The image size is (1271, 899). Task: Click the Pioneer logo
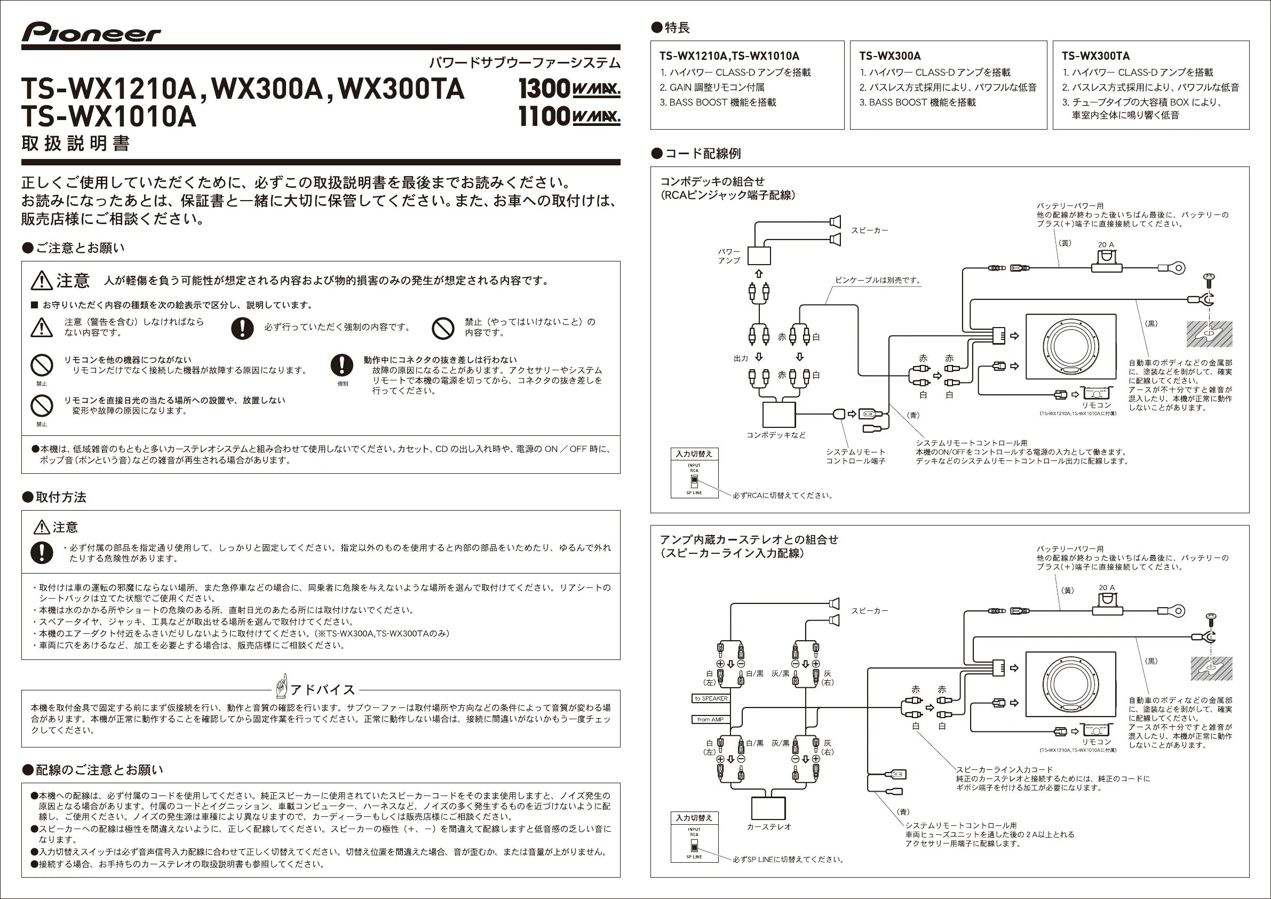91,33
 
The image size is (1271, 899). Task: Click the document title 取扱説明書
76,144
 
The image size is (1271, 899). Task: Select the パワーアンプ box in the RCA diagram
759,256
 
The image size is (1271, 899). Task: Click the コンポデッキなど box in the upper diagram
779,415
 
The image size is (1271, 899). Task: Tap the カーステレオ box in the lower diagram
768,808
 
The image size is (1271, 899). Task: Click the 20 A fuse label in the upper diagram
1106,245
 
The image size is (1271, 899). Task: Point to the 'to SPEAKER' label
711,698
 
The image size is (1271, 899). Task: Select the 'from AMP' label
710,720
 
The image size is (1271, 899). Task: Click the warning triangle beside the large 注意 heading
42,281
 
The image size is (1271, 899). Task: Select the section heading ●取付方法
54,497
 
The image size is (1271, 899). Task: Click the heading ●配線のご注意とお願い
92,770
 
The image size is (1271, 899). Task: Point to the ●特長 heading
671,27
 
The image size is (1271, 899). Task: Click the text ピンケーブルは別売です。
878,280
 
